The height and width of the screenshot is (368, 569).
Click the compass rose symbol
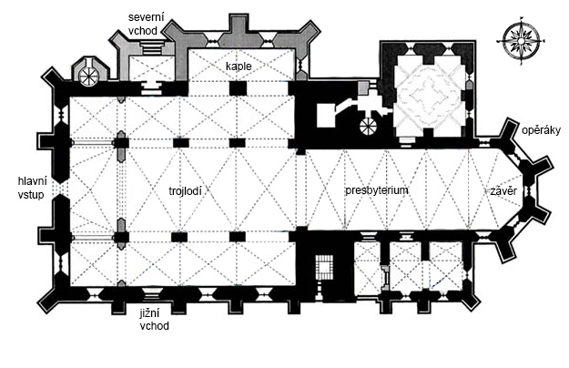click(521, 41)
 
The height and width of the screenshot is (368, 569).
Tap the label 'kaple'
click(239, 66)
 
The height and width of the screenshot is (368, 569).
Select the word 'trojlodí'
click(185, 191)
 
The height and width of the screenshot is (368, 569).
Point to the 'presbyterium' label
click(377, 190)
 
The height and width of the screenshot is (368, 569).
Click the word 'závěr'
click(503, 191)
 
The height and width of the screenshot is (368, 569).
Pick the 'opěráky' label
click(541, 130)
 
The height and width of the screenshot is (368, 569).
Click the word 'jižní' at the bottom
click(150, 313)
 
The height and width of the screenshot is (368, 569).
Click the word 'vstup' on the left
click(31, 195)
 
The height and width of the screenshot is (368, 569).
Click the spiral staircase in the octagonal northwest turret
click(88, 77)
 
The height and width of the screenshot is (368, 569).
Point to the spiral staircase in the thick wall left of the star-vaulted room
click(368, 127)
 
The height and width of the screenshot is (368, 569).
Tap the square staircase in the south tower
click(324, 267)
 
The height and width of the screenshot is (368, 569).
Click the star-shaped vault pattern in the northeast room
click(430, 96)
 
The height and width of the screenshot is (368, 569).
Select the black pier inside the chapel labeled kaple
click(238, 88)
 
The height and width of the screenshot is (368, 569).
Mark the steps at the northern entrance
click(151, 47)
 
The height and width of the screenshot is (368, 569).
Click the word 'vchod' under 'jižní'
click(154, 326)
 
